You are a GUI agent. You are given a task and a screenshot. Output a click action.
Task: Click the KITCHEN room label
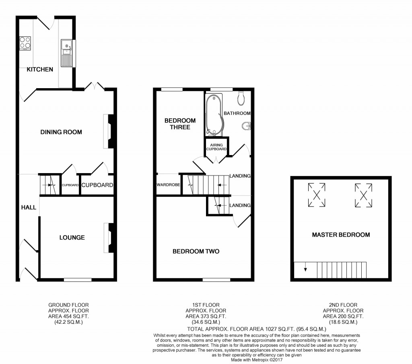[x=40, y=70]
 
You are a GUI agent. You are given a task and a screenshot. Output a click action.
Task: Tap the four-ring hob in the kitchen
[x=25, y=43]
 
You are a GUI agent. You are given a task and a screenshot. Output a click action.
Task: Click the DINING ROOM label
[x=61, y=132]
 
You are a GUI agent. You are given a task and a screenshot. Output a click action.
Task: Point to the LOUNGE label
[x=72, y=238]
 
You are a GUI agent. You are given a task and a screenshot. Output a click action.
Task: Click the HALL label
[x=29, y=208]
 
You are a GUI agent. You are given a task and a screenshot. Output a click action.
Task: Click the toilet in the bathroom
[x=242, y=97]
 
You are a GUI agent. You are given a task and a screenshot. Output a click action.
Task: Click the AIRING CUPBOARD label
[x=216, y=147]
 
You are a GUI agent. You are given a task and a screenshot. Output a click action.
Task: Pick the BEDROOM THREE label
[x=180, y=124]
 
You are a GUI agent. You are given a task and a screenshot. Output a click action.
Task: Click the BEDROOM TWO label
[x=196, y=252]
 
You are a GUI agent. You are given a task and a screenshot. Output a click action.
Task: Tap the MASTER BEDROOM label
[x=341, y=235]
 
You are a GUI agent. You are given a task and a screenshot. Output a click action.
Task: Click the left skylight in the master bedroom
[x=317, y=195]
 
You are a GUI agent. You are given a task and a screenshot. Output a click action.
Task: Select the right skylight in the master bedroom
[x=363, y=195]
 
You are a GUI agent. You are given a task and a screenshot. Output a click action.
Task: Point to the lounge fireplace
[x=109, y=238]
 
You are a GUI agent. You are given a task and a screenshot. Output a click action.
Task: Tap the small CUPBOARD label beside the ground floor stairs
[x=70, y=185]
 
